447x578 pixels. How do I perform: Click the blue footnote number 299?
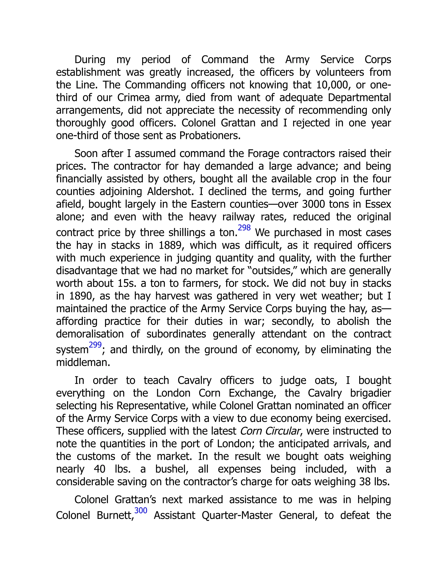[95, 345]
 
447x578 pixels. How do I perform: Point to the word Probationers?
[210, 135]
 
